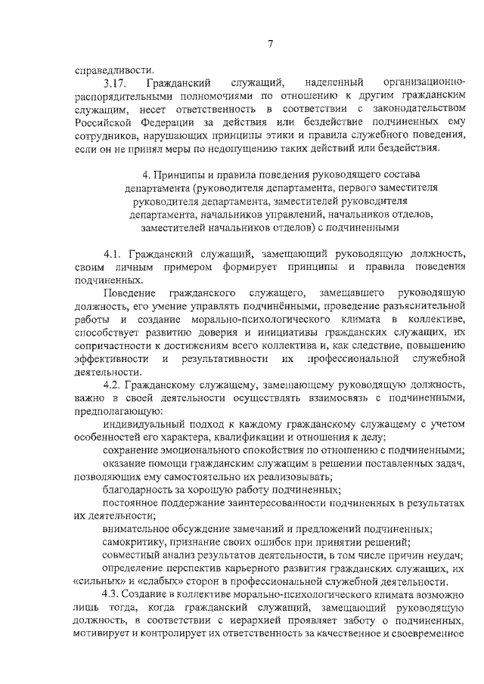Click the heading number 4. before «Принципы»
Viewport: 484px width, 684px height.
point(156,176)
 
